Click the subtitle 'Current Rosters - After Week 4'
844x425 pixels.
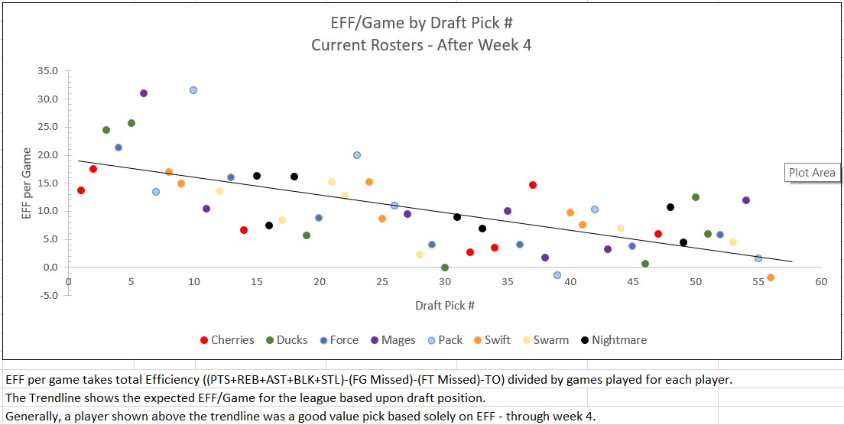[x=421, y=44]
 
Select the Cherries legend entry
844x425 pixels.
[x=227, y=340]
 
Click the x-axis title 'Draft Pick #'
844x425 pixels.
[x=445, y=306]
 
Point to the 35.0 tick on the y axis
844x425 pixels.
[x=48, y=71]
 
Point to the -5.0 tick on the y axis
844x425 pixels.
[x=48, y=295]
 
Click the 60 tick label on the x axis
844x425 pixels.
[x=821, y=281]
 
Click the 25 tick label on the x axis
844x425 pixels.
[x=382, y=281]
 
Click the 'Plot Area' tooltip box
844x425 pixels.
[x=812, y=173]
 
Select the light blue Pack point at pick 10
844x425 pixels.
[x=193, y=90]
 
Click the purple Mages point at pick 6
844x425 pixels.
[x=144, y=93]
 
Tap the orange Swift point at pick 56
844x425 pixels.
[x=771, y=277]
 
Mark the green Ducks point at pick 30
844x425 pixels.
[x=445, y=268]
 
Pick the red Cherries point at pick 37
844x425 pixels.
[x=533, y=185]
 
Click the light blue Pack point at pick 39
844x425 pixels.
[x=557, y=275]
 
